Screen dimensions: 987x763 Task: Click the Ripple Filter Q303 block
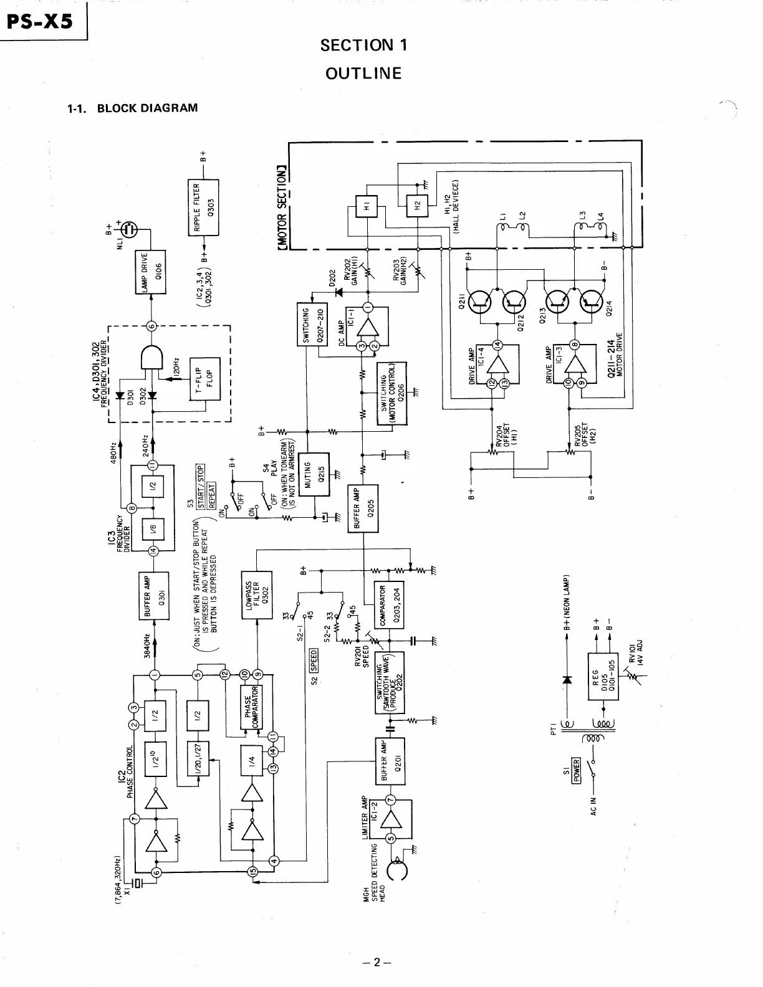pyautogui.click(x=203, y=207)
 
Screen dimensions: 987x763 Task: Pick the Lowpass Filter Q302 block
pyautogui.click(x=256, y=594)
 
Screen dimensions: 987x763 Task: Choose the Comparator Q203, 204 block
pyautogui.click(x=388, y=605)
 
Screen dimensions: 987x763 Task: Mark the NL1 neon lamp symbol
pyautogui.click(x=130, y=229)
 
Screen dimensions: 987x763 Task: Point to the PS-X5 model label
pyautogui.click(x=41, y=21)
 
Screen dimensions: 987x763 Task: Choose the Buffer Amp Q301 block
pyautogui.click(x=154, y=595)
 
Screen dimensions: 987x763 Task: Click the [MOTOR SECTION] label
pyautogui.click(x=282, y=209)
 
